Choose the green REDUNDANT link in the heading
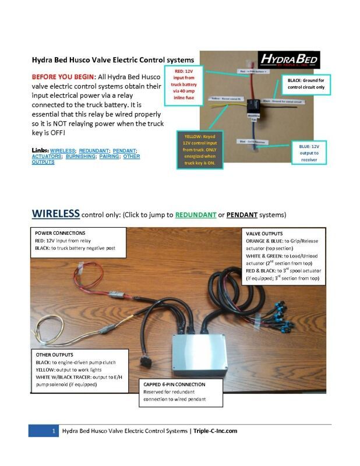195,214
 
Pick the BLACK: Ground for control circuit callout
306,83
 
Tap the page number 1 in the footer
53,430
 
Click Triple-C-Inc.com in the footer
216,430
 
